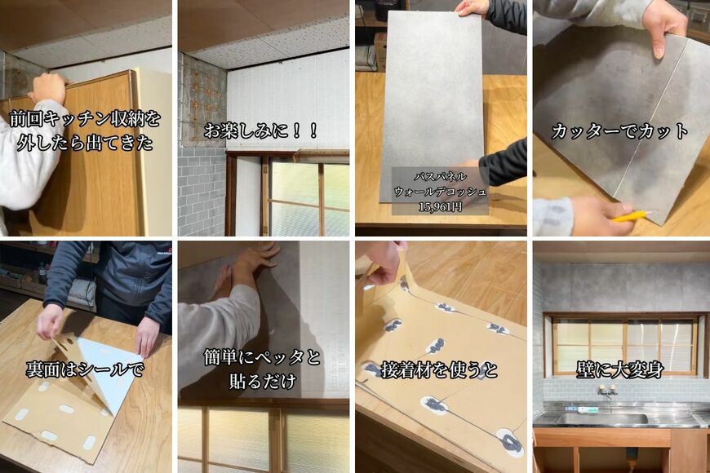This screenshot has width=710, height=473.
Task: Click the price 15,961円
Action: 440,206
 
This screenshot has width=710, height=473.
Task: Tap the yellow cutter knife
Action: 631,216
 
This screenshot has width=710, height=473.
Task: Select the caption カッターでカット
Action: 619,130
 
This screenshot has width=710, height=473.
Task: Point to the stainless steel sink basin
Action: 604,418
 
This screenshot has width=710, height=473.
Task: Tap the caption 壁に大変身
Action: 619,369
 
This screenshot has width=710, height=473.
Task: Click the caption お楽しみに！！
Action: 261,130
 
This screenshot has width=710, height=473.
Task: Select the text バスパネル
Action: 440,176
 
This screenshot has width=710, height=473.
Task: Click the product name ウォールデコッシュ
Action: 440,192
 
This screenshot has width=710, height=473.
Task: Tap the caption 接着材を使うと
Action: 441,370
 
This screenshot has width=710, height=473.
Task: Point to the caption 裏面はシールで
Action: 85,369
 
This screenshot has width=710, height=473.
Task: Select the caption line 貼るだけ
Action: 262,380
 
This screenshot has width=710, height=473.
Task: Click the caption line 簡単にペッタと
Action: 262,357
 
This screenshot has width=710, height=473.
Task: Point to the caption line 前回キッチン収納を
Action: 85,119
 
